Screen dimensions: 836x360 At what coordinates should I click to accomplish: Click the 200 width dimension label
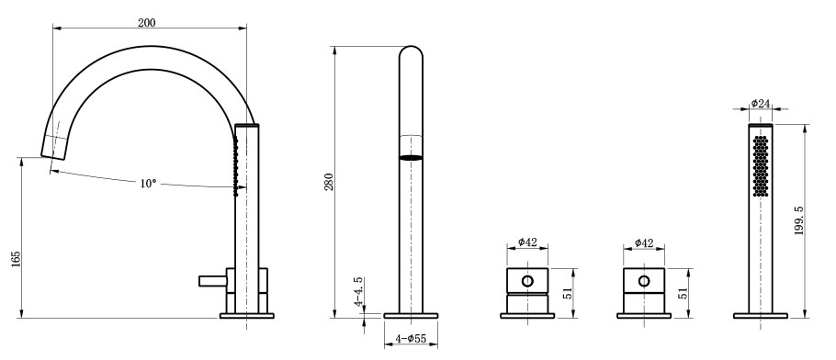[147, 22]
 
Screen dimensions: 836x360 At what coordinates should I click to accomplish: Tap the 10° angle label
[149, 183]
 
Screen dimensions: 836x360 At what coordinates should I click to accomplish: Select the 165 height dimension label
[16, 259]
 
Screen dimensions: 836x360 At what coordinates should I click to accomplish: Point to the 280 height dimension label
[329, 183]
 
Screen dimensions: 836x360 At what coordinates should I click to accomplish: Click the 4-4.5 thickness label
[359, 291]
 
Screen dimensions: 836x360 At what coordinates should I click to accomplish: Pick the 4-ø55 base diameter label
[411, 338]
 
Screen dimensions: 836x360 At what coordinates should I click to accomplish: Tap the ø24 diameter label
[761, 103]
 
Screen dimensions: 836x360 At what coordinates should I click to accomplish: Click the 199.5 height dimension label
[798, 220]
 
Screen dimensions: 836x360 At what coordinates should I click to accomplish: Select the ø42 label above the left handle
[526, 242]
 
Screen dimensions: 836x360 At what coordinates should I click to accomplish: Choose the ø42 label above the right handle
[644, 243]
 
